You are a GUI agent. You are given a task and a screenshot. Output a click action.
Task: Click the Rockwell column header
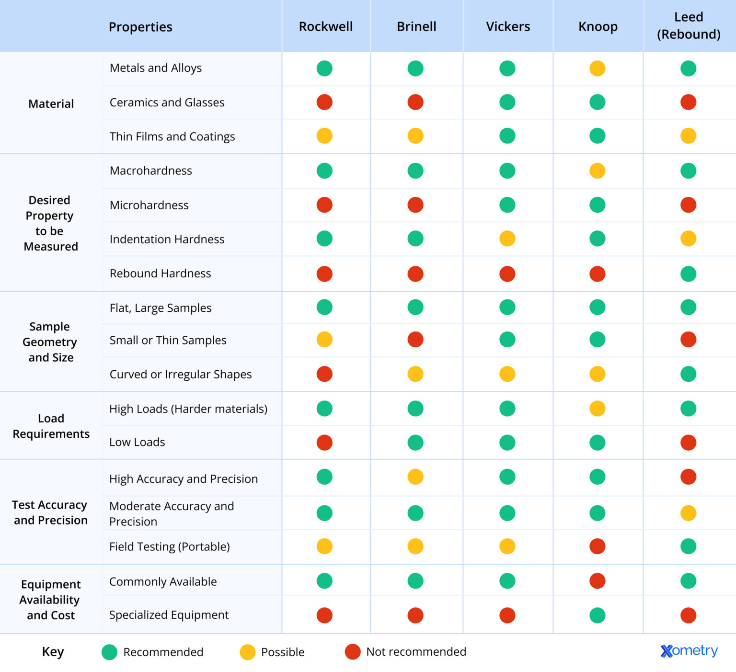pos(326,26)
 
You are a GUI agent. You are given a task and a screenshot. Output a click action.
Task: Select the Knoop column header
pos(598,26)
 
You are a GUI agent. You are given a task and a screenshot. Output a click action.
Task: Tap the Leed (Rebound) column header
pos(689,26)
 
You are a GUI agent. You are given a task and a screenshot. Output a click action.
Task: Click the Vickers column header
pos(508,26)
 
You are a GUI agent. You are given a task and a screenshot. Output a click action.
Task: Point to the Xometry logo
pos(689,650)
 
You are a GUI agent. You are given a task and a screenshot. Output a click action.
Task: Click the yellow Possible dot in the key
pos(248,652)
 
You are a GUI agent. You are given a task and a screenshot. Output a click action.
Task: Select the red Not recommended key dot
pos(353,652)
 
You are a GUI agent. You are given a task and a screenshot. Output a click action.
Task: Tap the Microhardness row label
pos(149,205)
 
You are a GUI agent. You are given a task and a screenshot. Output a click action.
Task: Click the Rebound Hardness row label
pos(160,273)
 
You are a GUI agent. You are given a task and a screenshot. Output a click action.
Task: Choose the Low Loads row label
pos(137,442)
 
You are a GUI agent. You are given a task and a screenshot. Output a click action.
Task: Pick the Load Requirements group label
pos(51,426)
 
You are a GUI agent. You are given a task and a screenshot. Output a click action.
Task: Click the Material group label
pos(51,103)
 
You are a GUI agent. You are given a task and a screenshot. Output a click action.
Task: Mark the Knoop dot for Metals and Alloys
pos(598,68)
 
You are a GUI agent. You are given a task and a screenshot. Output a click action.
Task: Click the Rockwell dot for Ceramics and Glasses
pos(324,102)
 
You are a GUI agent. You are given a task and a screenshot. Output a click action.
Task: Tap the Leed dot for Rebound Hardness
pos(689,274)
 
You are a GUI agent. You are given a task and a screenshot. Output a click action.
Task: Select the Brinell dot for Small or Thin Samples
pos(415,340)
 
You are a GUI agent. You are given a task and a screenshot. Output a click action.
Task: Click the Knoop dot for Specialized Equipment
pos(598,615)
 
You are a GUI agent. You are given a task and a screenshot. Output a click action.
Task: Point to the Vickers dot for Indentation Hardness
pos(507,239)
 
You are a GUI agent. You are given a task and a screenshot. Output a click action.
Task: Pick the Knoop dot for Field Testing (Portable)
pos(598,547)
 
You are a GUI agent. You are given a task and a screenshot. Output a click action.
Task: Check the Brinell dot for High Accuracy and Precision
pos(415,477)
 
